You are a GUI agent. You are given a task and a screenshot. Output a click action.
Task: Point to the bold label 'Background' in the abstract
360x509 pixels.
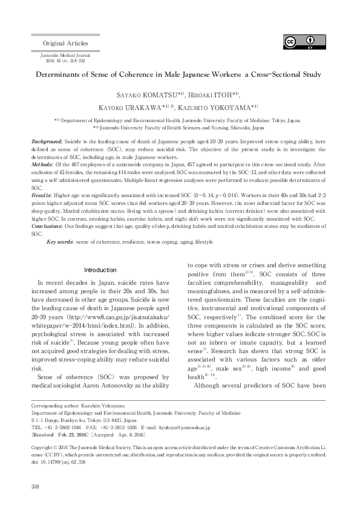point(48,140)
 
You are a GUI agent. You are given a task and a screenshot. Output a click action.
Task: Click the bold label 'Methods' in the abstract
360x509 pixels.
point(44,164)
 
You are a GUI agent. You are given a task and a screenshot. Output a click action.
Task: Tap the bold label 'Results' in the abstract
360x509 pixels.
point(43,195)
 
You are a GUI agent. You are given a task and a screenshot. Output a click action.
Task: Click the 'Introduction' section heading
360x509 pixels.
point(100,270)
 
